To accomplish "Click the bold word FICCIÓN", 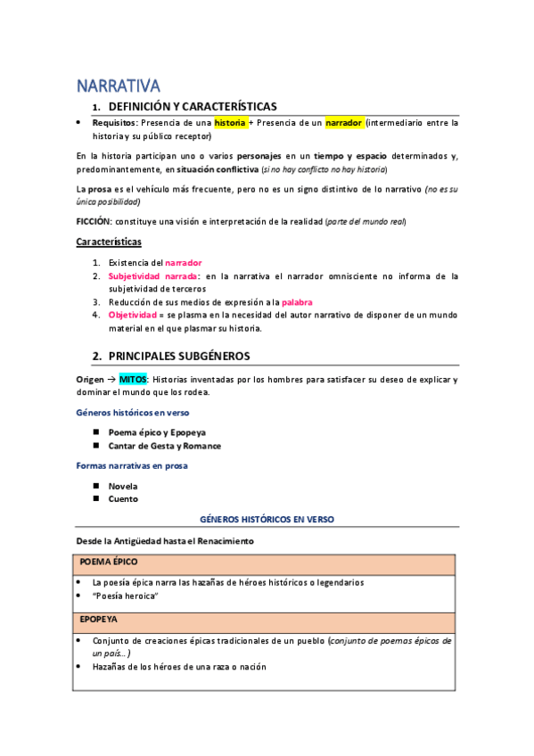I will click(94, 220).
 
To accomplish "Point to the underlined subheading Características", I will click(109, 242).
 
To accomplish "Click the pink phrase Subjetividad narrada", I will click(148, 276).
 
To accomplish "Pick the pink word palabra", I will click(297, 302).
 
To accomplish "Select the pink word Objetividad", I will click(134, 316).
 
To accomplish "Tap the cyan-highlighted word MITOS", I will click(134, 380).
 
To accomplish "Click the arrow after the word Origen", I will click(112, 380).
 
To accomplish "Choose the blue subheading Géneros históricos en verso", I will click(132, 413).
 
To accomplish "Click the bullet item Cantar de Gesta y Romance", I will click(164, 446).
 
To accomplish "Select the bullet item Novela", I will click(123, 486).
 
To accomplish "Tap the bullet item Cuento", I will click(123, 499).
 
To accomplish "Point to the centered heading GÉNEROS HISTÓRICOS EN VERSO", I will click(266, 519).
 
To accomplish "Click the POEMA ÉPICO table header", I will click(109, 563).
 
